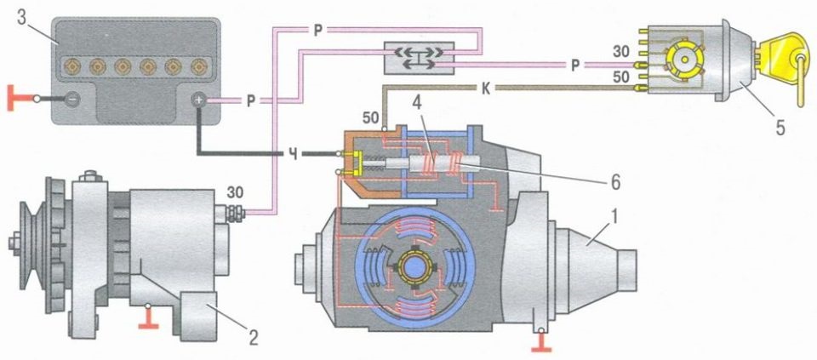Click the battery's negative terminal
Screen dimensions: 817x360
73,99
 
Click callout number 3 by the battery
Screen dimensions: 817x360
22,17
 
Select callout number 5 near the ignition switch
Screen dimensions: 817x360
780,127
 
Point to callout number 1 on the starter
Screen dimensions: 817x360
616,215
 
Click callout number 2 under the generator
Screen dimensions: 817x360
254,338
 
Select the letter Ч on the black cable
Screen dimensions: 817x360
294,154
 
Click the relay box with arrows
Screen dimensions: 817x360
419,57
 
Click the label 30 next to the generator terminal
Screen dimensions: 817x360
235,193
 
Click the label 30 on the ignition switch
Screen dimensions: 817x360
620,53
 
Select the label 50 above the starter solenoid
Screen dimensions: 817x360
370,118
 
